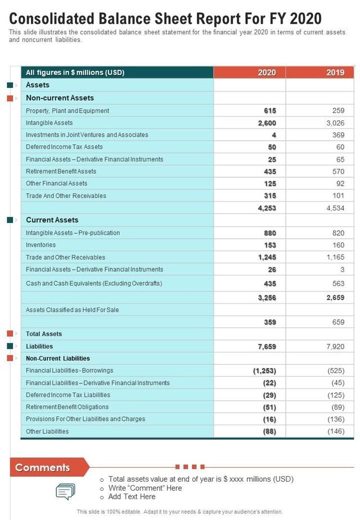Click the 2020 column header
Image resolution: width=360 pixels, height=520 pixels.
pyautogui.click(x=267, y=73)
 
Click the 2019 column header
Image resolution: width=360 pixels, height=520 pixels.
pyautogui.click(x=335, y=73)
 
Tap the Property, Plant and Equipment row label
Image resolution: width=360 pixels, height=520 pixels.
pyautogui.click(x=67, y=111)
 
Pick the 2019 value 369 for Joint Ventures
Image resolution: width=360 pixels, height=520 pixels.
pyautogui.click(x=338, y=135)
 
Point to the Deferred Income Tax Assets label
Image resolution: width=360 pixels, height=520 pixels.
pyautogui.click(x=64, y=147)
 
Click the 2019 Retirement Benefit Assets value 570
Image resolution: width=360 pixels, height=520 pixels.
pyautogui.click(x=338, y=171)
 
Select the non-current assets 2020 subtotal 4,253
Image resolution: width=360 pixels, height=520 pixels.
pyautogui.click(x=267, y=208)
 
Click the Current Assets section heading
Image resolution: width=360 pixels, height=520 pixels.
pyautogui.click(x=52, y=220)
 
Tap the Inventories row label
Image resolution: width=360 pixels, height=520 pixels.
pyautogui.click(x=40, y=245)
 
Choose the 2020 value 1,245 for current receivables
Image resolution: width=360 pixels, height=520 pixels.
pyautogui.click(x=267, y=257)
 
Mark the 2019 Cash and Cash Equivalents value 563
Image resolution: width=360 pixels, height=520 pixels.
pyautogui.click(x=338, y=284)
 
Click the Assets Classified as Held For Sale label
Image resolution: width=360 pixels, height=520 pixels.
pyautogui.click(x=72, y=310)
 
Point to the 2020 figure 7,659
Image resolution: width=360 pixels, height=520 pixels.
pyautogui.click(x=267, y=347)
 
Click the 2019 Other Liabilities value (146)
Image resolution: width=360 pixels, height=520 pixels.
pyautogui.click(x=336, y=432)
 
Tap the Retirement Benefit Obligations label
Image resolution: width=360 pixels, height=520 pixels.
pyautogui.click(x=67, y=407)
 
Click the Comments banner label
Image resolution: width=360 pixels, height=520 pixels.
pyautogui.click(x=43, y=468)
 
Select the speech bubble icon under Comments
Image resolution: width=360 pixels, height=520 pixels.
pyautogui.click(x=65, y=492)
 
